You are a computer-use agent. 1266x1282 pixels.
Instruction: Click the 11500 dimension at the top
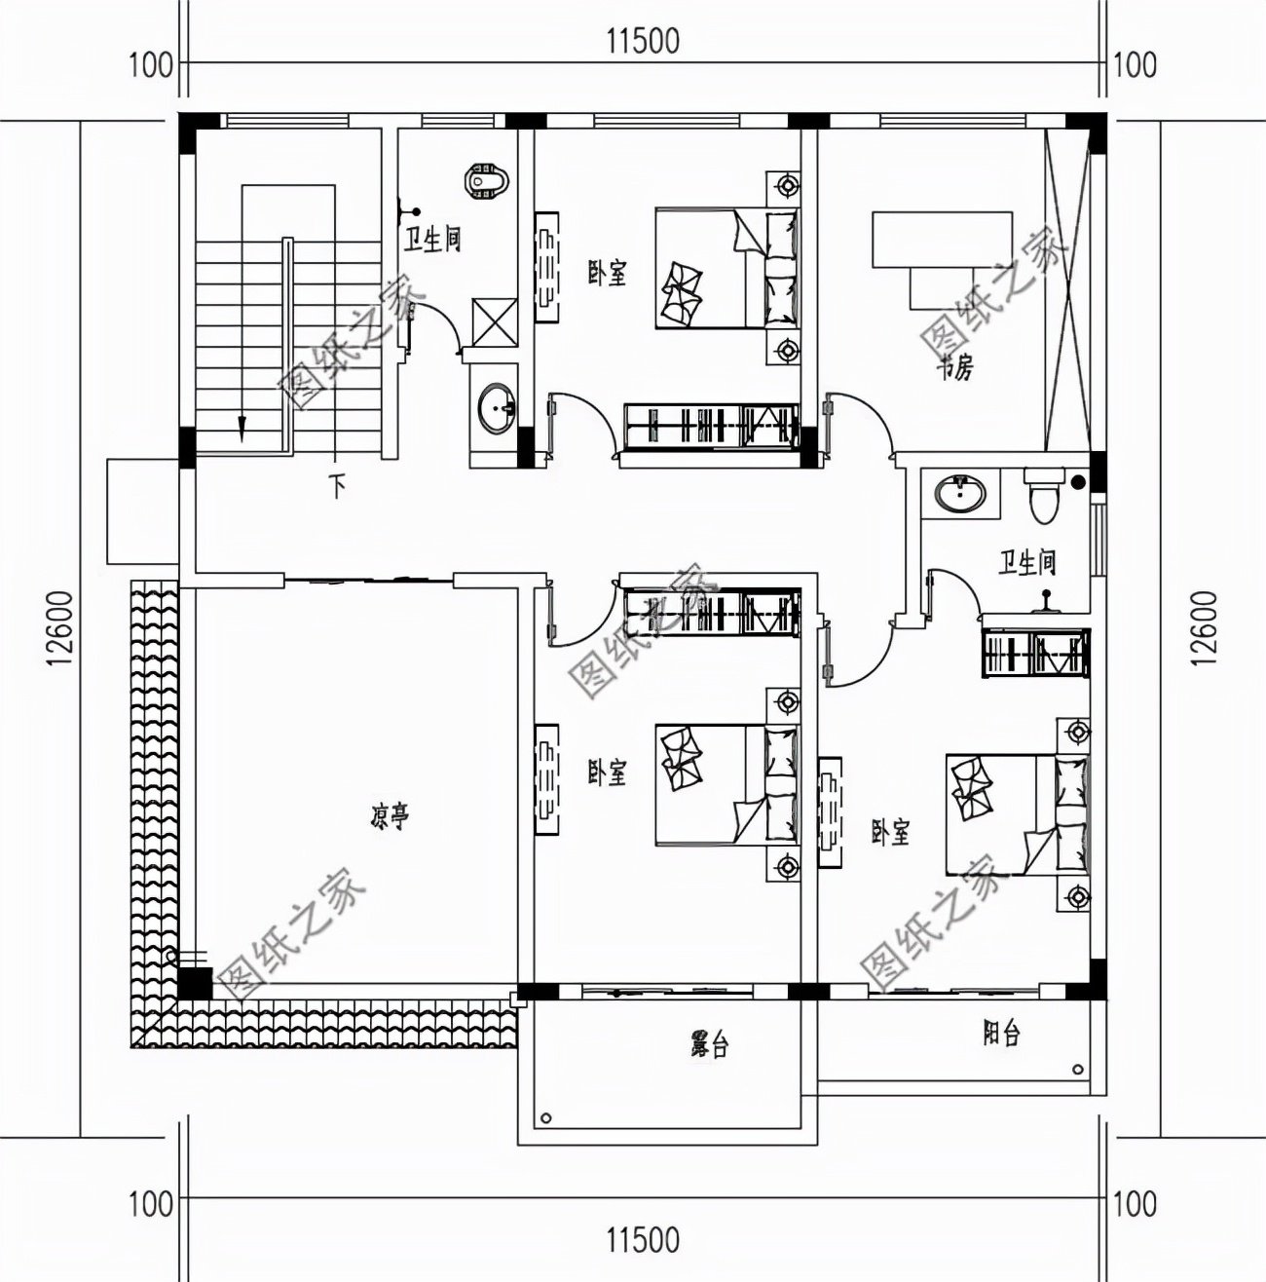click(642, 41)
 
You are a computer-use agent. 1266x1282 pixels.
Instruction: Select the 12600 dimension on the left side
click(60, 628)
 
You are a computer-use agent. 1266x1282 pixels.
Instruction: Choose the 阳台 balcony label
click(1001, 1034)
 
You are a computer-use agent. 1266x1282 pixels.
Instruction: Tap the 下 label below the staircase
click(337, 485)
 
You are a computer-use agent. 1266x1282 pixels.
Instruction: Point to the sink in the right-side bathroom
click(961, 494)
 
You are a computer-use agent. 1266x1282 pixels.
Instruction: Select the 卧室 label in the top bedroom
click(606, 274)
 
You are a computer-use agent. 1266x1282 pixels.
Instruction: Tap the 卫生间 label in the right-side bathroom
click(1026, 562)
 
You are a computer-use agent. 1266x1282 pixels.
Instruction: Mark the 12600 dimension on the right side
click(1204, 628)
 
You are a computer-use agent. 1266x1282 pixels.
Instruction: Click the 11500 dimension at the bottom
click(642, 1240)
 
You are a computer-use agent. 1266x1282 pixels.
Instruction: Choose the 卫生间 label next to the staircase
click(432, 240)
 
